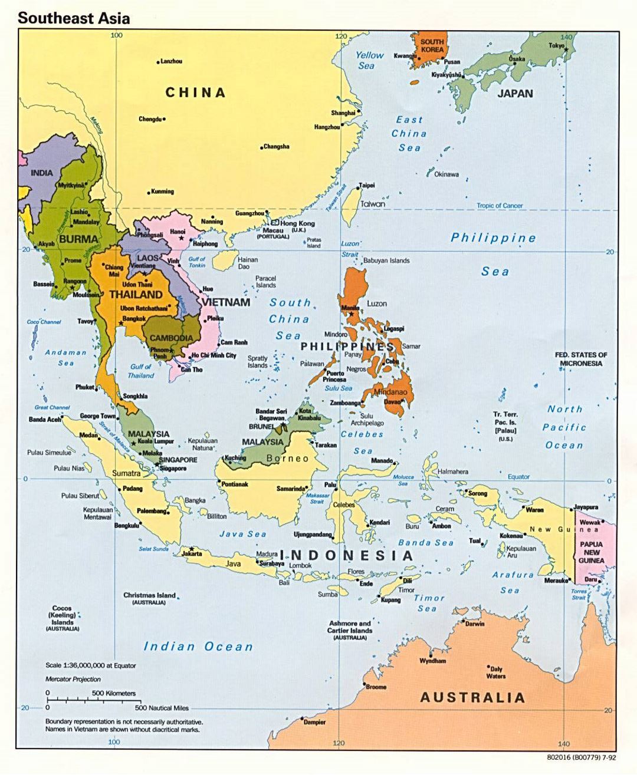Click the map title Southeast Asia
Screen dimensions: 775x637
(x=74, y=18)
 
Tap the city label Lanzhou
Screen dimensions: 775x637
(x=172, y=61)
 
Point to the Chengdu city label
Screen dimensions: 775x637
(x=150, y=119)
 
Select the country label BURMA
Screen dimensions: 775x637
(x=78, y=239)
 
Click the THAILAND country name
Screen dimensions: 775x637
(x=136, y=294)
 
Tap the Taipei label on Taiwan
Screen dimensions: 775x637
(x=367, y=185)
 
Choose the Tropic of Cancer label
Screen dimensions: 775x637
(x=500, y=206)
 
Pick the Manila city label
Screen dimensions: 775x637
(x=350, y=308)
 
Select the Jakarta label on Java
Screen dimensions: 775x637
(x=192, y=554)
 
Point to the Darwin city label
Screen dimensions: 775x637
(x=474, y=624)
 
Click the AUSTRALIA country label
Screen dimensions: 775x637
(x=472, y=698)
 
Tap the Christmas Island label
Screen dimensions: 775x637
(x=149, y=595)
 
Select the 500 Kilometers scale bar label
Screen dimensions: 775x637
(x=113, y=693)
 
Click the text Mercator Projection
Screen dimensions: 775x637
(x=73, y=679)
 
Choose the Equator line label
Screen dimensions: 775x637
(x=518, y=477)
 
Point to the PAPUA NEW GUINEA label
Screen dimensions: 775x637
(x=591, y=552)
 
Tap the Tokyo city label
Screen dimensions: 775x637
(x=556, y=45)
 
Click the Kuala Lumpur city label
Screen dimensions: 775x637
(x=156, y=441)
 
